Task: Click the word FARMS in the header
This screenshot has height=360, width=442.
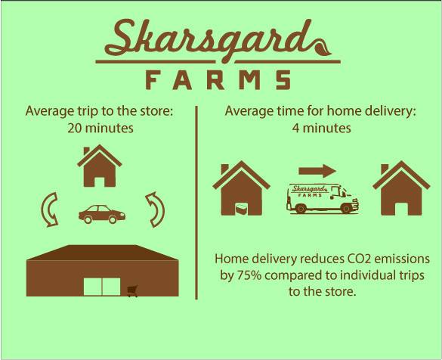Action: pos(218,80)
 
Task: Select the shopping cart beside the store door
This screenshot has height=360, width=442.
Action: pos(132,291)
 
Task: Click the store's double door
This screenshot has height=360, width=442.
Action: pos(102,287)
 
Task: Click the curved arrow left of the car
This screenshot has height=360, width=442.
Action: pos(50,210)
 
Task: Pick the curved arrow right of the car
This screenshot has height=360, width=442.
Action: pos(155,210)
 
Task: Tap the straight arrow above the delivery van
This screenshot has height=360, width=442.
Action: pos(317,171)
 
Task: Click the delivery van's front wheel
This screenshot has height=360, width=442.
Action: pos(346,208)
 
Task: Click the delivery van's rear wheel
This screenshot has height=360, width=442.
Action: pos(301,208)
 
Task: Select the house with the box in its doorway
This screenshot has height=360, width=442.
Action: pos(241,188)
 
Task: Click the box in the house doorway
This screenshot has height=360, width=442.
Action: pos(241,209)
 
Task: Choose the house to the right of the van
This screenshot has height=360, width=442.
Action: pos(401,188)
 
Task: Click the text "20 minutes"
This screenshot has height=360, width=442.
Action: pos(100,129)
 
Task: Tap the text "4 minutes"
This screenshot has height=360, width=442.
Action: pos(322,129)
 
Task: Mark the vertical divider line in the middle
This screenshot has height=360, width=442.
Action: pos(196,203)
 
